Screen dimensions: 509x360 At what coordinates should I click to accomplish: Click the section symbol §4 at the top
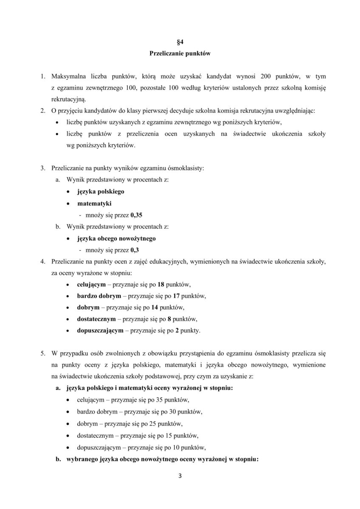[x=180, y=42]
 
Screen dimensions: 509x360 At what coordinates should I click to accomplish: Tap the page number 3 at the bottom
[x=180, y=475]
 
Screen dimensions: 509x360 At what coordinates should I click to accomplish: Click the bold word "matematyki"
[x=91, y=203]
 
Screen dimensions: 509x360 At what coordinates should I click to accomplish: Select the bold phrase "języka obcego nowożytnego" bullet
[x=116, y=238]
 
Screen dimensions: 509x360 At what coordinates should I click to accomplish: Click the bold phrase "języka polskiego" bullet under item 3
[x=101, y=191]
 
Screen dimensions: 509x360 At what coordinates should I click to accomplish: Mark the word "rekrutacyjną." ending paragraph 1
[x=68, y=99]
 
